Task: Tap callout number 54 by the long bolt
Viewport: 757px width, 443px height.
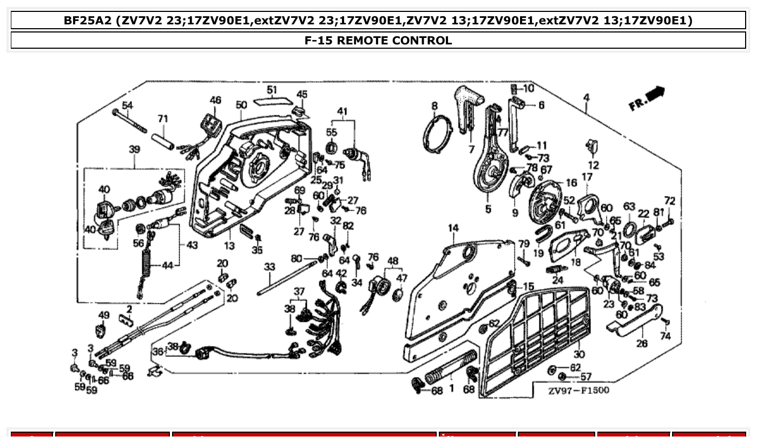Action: tap(127, 105)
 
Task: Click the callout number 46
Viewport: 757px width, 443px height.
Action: tap(215, 100)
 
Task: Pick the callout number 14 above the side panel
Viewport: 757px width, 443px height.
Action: tap(453, 228)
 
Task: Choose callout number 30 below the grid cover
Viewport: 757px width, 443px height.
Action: tap(579, 354)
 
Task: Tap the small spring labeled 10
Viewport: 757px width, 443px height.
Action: tap(514, 88)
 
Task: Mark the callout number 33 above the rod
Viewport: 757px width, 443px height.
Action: tap(269, 267)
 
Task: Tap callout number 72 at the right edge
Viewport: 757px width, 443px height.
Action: tap(670, 201)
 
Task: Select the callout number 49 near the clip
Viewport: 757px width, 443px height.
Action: tap(103, 315)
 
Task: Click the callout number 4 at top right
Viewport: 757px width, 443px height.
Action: tap(587, 97)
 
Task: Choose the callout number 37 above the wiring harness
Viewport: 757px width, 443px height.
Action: tap(299, 291)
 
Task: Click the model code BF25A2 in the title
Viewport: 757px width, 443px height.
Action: tap(88, 21)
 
